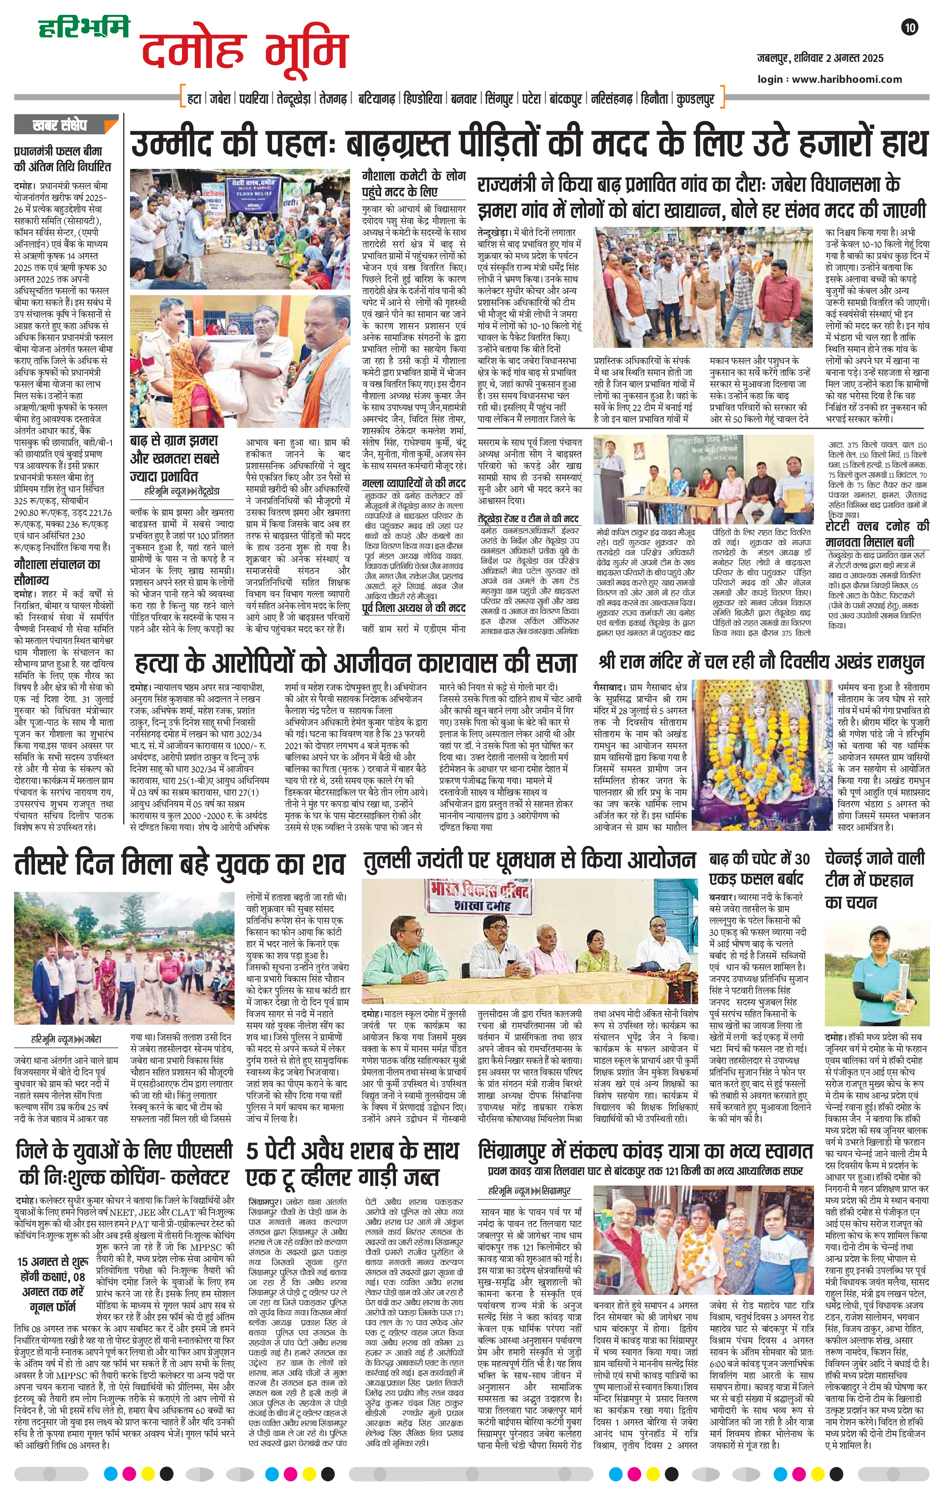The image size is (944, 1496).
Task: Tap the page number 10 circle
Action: click(x=911, y=27)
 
